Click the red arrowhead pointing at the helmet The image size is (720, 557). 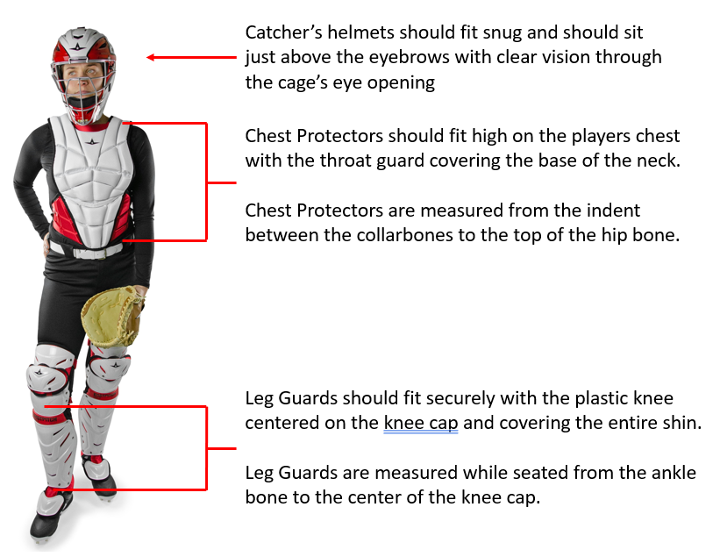click(150, 57)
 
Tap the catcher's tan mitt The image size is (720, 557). click(112, 317)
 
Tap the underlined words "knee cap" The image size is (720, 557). click(421, 423)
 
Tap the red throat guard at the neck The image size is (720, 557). click(92, 125)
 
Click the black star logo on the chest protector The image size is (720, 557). click(92, 141)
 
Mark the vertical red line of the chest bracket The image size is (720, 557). click(206, 182)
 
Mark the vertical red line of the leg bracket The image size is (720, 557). click(206, 448)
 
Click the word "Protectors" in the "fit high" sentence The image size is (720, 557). click(340, 136)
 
